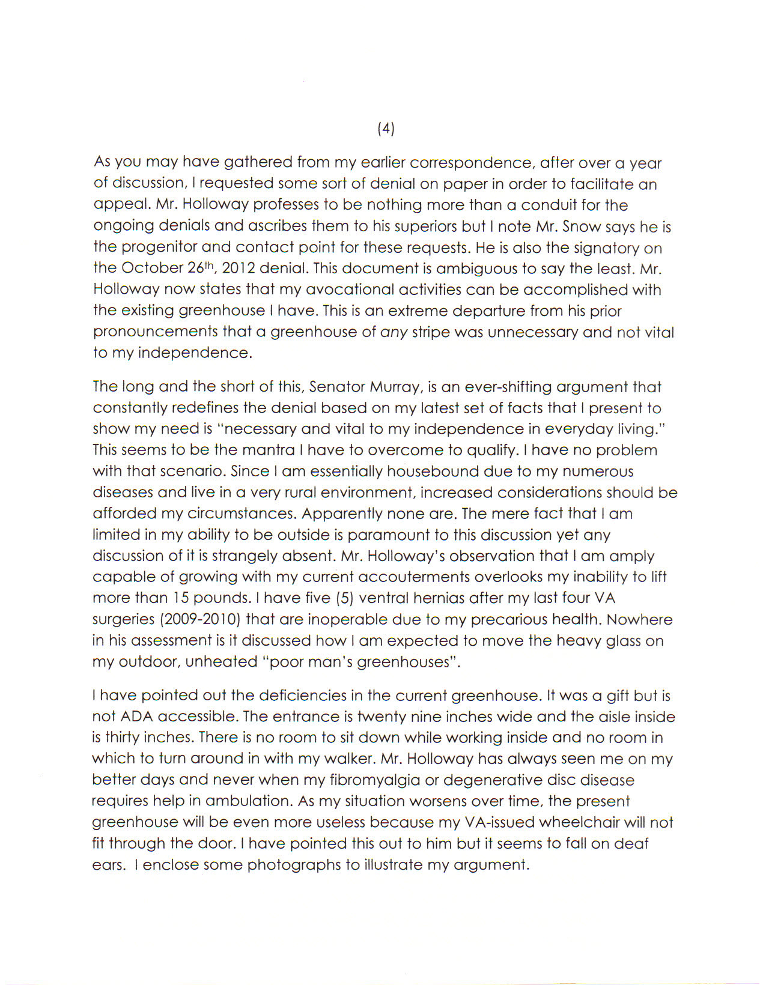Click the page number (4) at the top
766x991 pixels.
(386, 128)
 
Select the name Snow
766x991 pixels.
(579, 226)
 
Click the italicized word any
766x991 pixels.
(394, 332)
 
